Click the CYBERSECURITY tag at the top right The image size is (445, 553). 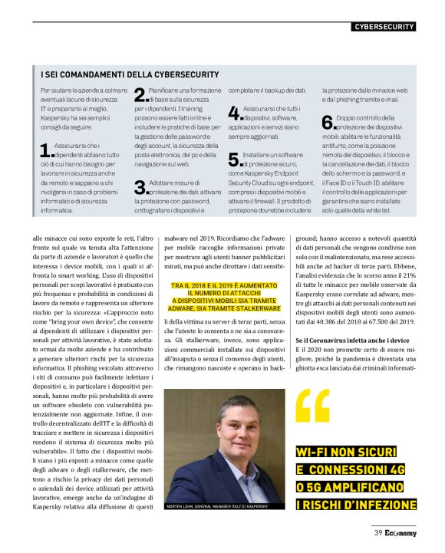click(x=384, y=27)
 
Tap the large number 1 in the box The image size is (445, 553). click(x=45, y=151)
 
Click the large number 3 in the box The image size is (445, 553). click(x=141, y=187)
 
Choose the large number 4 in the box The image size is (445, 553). click(x=235, y=114)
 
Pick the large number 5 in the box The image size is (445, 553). click(x=235, y=160)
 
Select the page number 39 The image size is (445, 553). click(x=378, y=533)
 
